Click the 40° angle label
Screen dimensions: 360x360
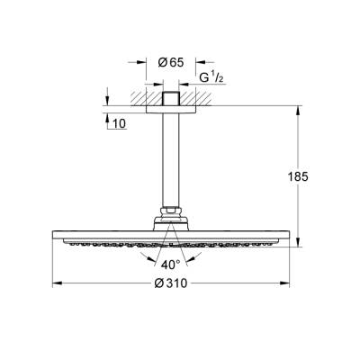[x=171, y=265]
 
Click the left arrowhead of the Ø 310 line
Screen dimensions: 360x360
[x=56, y=284]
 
